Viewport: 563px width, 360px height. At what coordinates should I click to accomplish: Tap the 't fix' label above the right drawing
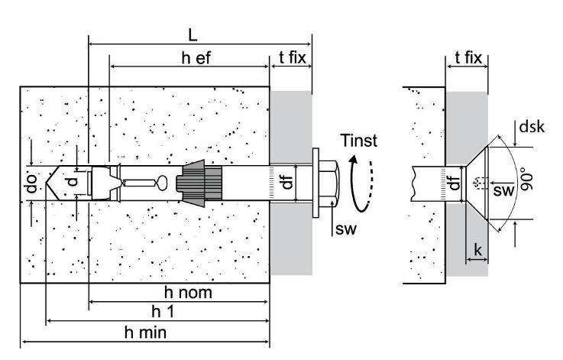[x=467, y=57]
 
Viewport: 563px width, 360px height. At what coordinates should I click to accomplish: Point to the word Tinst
[x=359, y=143]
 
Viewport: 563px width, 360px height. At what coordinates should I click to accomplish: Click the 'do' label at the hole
[x=30, y=184]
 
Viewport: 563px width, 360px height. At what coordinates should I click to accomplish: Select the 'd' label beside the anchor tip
[x=71, y=183]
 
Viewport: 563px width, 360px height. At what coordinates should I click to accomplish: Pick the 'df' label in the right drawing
[x=455, y=184]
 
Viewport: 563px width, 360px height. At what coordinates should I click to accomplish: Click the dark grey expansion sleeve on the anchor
[x=199, y=184]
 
